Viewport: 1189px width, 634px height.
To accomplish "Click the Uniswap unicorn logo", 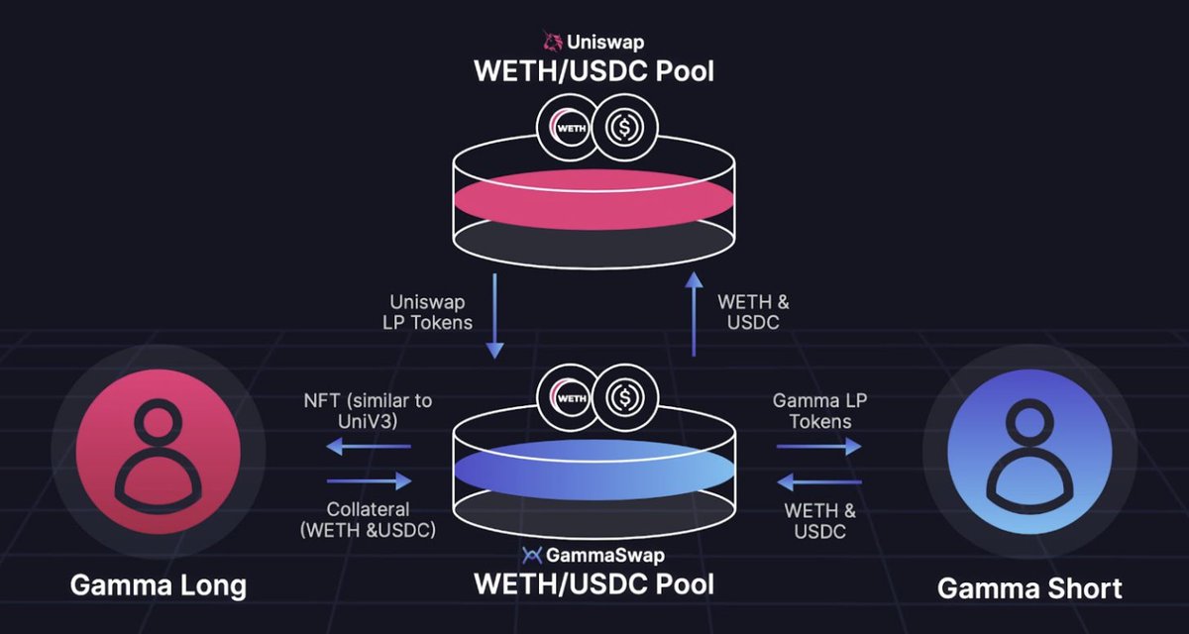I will (x=552, y=42).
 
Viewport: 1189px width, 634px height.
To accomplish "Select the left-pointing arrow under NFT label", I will (x=369, y=447).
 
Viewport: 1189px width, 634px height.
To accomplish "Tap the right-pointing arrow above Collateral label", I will (x=369, y=481).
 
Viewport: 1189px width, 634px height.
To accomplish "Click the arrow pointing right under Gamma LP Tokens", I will (x=818, y=447).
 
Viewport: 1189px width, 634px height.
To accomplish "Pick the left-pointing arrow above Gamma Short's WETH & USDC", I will (x=818, y=481).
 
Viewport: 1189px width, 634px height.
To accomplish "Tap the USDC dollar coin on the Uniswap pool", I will (x=624, y=128).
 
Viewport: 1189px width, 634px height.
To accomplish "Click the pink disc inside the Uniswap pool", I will (x=594, y=195).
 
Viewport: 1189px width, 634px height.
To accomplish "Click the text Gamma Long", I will (x=159, y=586).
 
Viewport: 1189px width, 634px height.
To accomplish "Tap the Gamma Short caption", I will (x=1029, y=588).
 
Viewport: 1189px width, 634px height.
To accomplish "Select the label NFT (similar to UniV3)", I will (x=369, y=411).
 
